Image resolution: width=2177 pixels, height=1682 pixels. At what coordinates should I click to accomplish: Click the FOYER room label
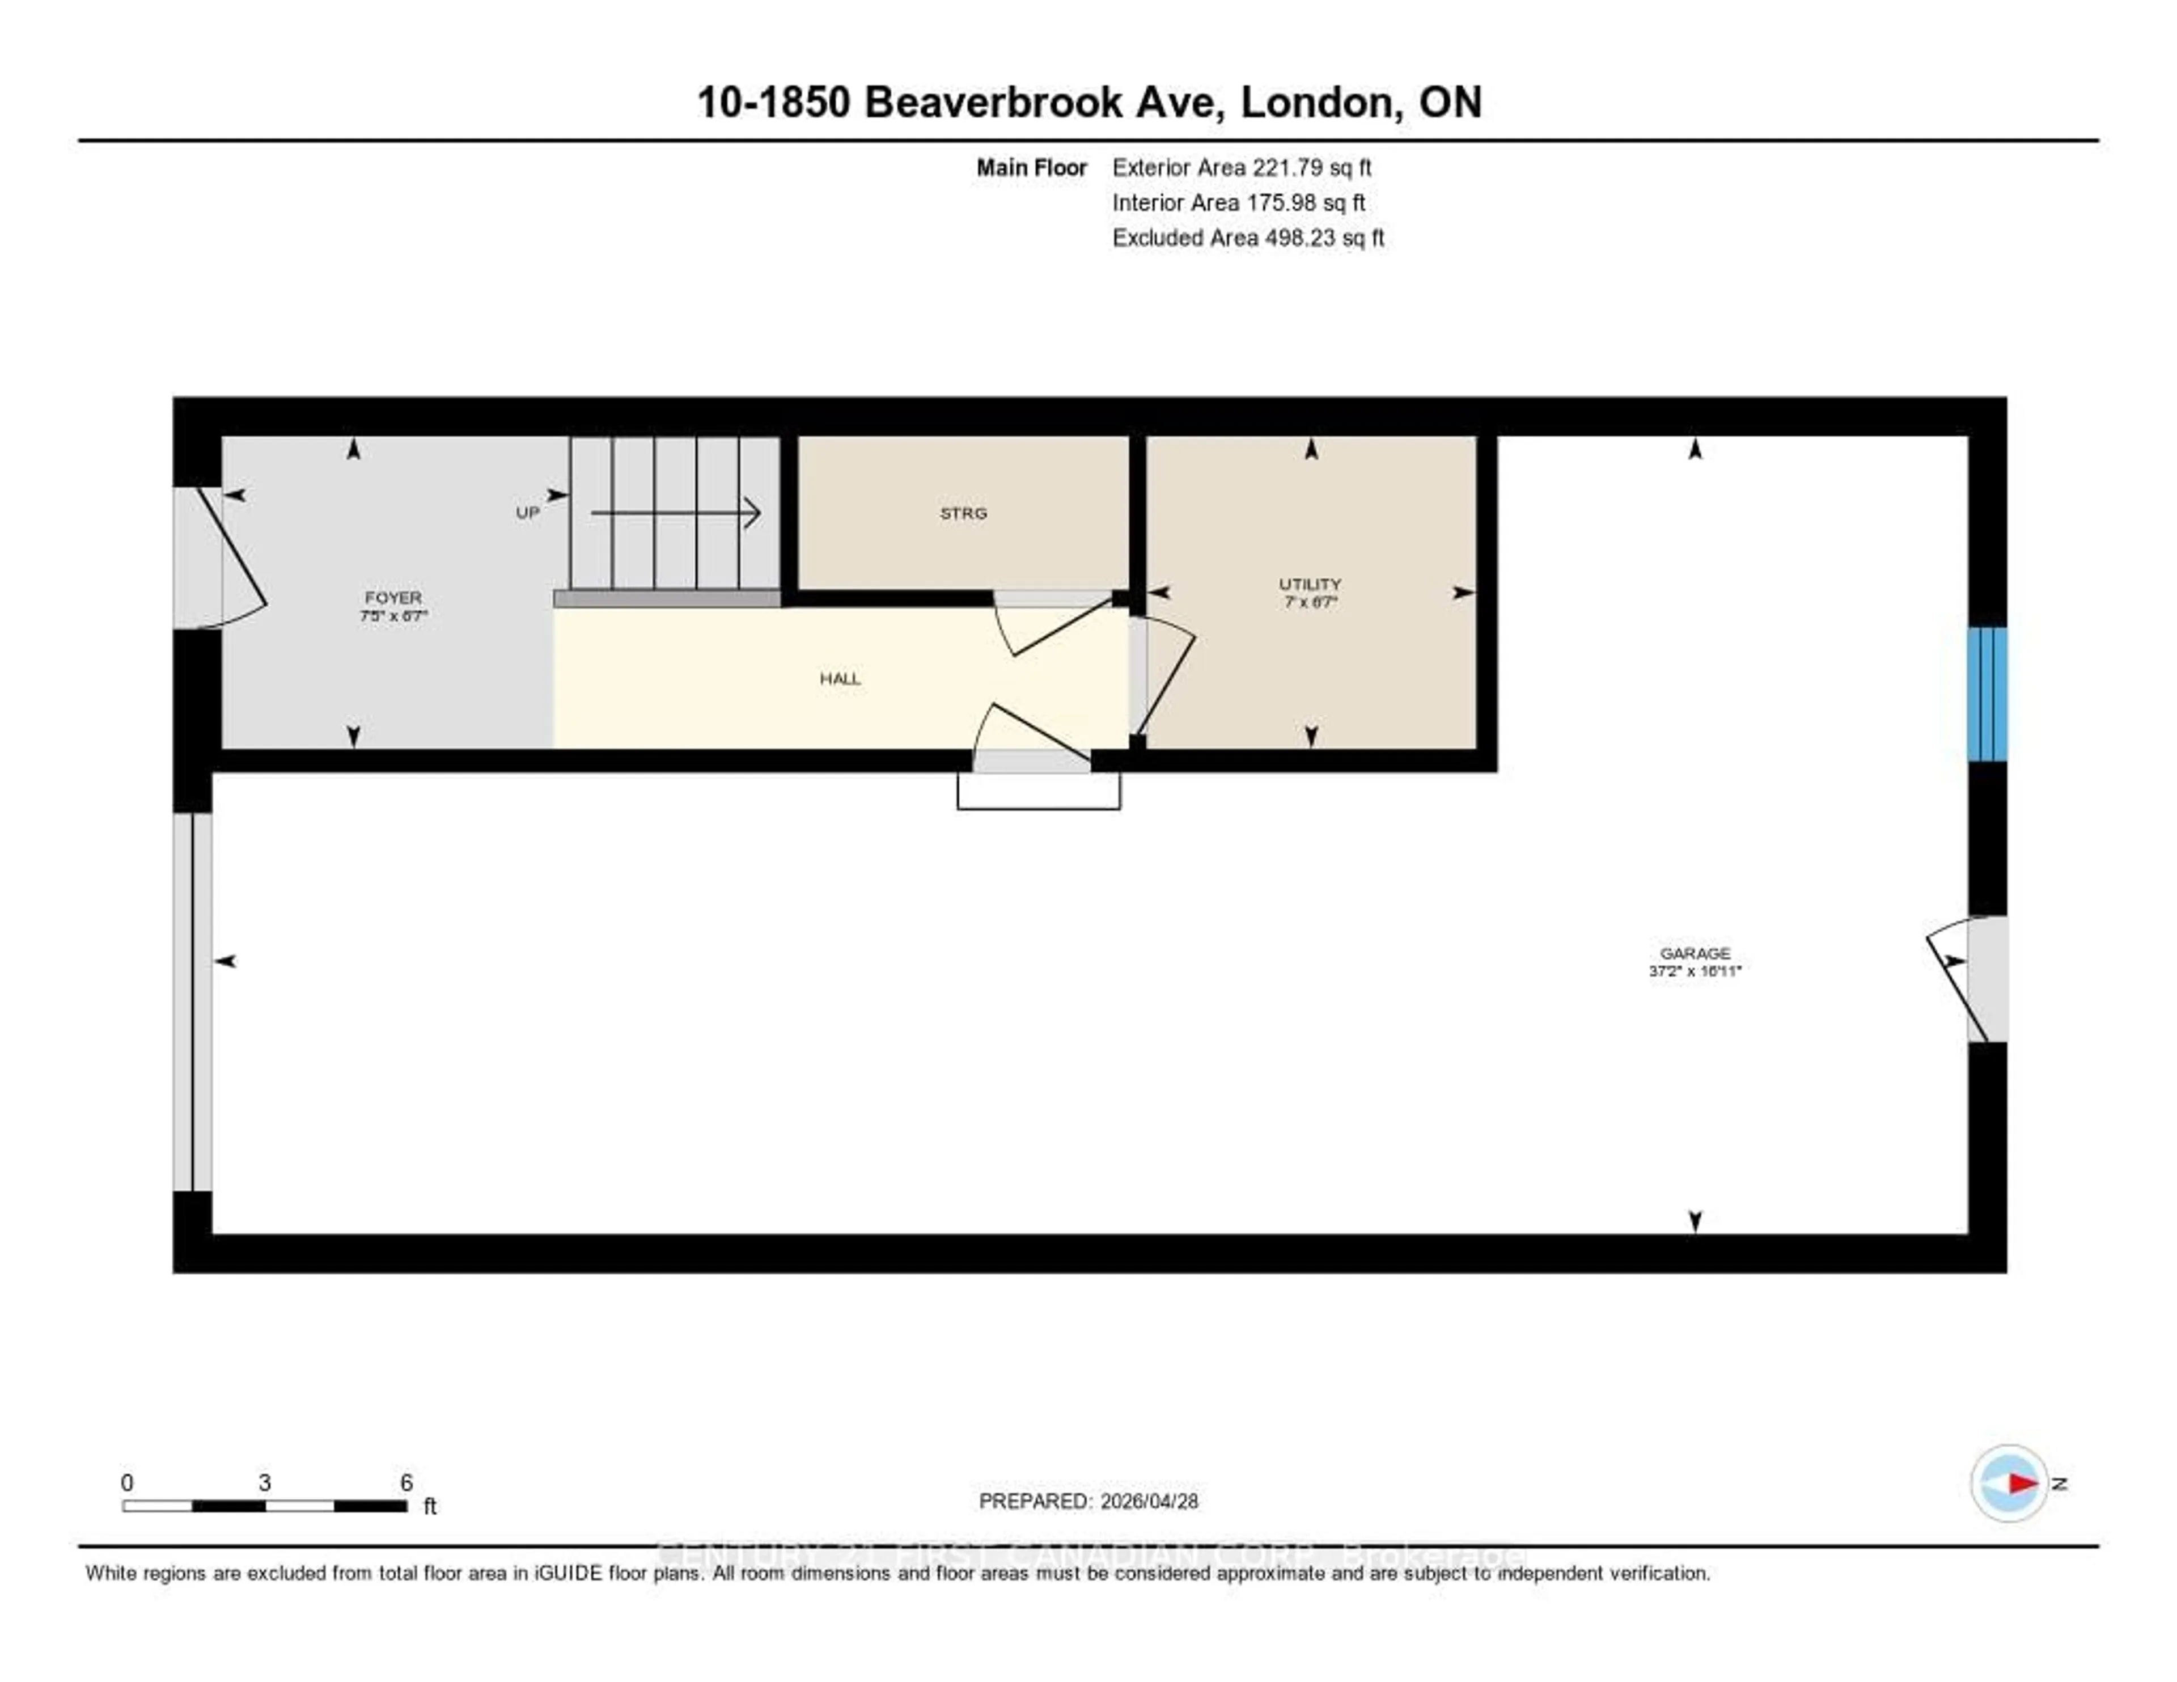[393, 597]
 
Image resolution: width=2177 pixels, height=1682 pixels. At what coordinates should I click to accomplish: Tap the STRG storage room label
[963, 513]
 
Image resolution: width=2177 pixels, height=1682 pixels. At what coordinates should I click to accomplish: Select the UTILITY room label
[1310, 584]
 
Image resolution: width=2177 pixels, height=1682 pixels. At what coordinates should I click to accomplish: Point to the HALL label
[839, 679]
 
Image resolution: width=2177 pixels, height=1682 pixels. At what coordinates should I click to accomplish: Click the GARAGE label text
[1695, 953]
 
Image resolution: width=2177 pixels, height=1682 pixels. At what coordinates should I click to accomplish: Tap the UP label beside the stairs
[527, 513]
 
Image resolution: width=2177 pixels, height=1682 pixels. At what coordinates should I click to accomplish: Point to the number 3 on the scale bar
[264, 1482]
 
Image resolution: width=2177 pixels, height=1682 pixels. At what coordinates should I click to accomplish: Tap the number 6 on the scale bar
[406, 1482]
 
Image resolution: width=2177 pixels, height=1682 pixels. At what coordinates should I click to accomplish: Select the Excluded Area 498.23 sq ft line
[1248, 237]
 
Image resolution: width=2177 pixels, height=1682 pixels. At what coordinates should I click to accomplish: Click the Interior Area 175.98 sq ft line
[1238, 202]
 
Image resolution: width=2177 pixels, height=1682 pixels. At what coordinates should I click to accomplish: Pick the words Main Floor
[1031, 167]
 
